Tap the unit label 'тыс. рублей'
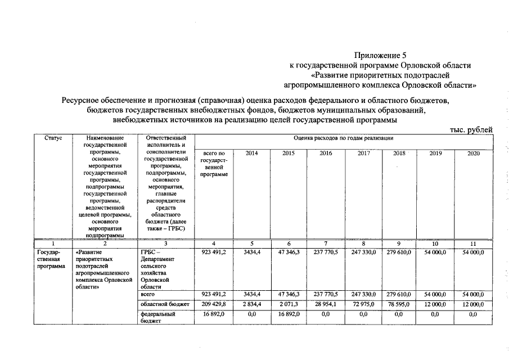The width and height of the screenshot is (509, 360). pyautogui.click(x=471, y=129)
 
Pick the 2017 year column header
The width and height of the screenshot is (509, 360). pyautogui.click(x=364, y=153)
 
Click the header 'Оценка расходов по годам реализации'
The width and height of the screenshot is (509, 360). pyautogui.click(x=343, y=138)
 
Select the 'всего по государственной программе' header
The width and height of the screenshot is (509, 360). pyautogui.click(x=214, y=164)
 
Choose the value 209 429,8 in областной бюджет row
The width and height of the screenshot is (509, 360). pyautogui.click(x=214, y=304)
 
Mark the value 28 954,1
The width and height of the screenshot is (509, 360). pyautogui.click(x=326, y=304)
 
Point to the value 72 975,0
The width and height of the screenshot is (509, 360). pyautogui.click(x=364, y=304)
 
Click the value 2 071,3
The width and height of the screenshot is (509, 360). pyautogui.click(x=289, y=304)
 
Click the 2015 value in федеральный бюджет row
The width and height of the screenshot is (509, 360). pyautogui.click(x=289, y=314)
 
